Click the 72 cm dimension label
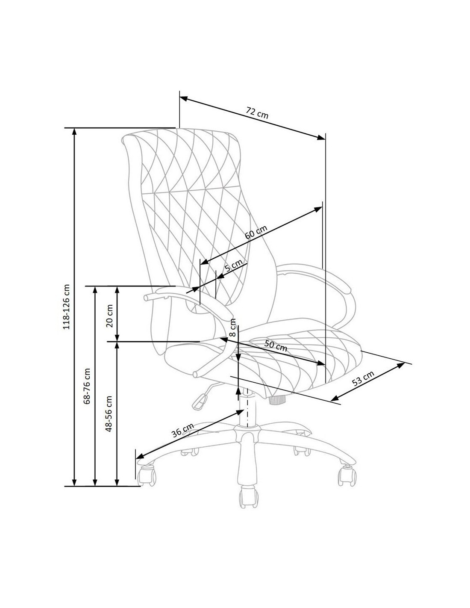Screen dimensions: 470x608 point(257,112)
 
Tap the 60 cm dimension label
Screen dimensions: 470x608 point(256,232)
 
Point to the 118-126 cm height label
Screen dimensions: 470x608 point(67,307)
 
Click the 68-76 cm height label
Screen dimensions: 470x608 point(88,386)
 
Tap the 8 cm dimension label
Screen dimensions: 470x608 point(232,328)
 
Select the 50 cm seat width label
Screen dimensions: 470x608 point(276,346)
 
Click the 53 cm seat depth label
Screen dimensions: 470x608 point(363,378)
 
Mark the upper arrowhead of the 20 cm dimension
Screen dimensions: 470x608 point(117,290)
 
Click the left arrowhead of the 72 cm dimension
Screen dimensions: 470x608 point(184,99)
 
